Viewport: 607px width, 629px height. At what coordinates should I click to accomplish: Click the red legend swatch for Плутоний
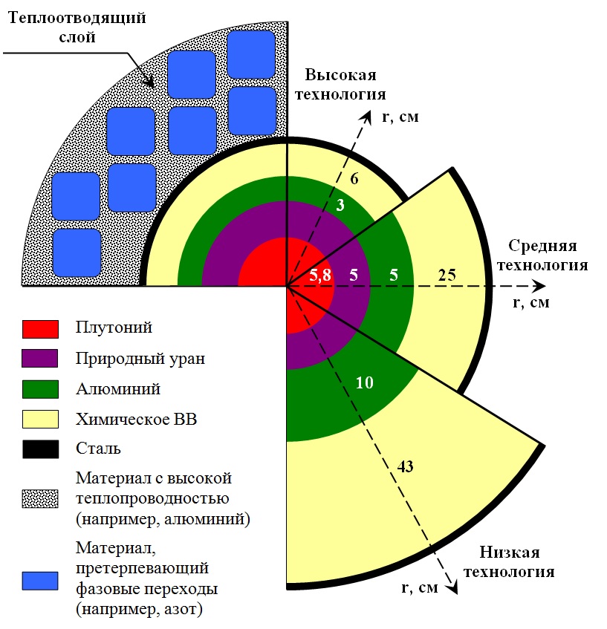click(40, 329)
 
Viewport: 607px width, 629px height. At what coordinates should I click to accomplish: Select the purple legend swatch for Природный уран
click(39, 358)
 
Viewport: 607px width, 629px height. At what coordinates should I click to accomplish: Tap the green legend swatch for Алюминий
click(40, 389)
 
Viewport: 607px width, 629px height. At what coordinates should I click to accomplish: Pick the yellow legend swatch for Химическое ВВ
click(40, 419)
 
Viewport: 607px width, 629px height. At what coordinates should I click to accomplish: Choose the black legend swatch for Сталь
click(40, 449)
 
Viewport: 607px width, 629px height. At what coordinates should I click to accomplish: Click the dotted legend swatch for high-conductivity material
click(40, 498)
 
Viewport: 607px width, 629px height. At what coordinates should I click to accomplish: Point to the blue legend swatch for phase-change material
click(40, 581)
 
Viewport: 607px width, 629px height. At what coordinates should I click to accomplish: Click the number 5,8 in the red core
click(320, 276)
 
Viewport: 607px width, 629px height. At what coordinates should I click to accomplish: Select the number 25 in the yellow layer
click(447, 276)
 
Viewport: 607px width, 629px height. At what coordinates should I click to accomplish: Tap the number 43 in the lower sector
click(405, 466)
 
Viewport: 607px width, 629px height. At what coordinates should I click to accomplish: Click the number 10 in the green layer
click(365, 382)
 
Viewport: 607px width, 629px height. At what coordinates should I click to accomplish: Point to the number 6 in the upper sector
click(354, 178)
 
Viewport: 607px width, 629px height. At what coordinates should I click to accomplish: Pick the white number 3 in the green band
click(340, 205)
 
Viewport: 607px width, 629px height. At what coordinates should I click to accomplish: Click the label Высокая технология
click(340, 84)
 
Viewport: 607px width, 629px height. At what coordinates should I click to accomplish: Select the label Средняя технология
click(543, 255)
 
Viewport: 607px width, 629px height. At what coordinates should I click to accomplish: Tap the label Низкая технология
click(510, 561)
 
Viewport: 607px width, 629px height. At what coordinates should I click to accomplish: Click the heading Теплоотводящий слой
click(77, 27)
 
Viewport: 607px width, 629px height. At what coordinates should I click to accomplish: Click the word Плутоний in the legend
click(114, 327)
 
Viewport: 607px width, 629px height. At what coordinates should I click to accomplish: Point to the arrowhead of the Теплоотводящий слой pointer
click(149, 82)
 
